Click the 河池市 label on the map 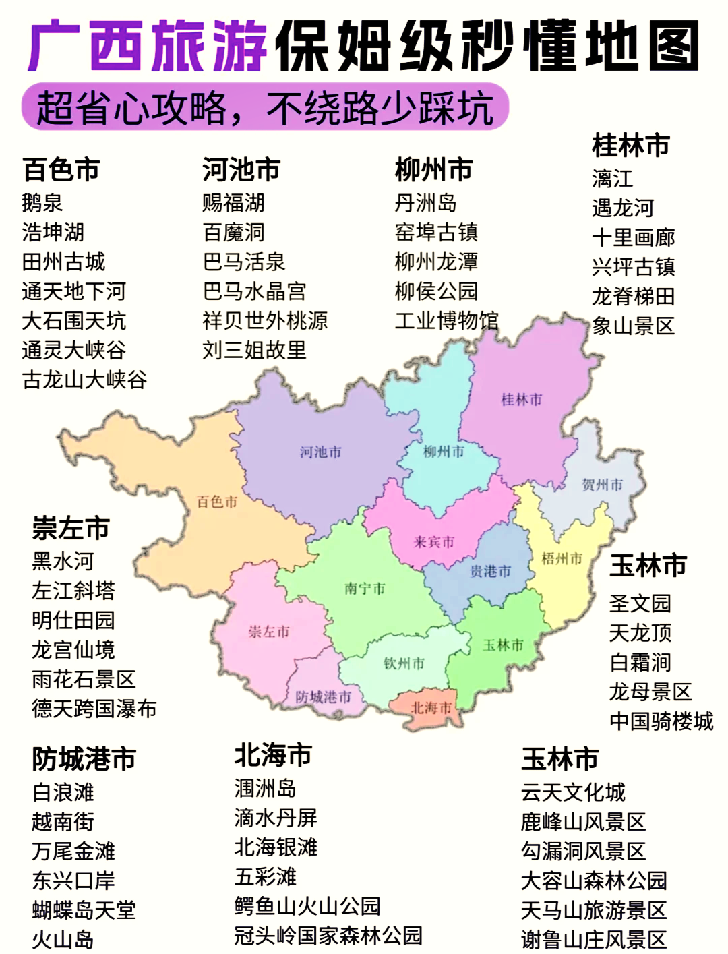point(321,452)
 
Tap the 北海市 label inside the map point(431,708)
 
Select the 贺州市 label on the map point(602,485)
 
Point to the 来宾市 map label point(433,542)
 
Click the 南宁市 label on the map point(365,589)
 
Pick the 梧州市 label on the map point(562,558)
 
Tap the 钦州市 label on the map point(404,663)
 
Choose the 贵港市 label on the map point(490,572)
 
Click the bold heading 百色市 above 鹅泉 point(61,169)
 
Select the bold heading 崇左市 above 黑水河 point(71,528)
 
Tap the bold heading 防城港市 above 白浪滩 point(84,759)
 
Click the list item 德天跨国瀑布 point(94,709)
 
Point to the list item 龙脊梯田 point(633,296)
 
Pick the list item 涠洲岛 point(265,788)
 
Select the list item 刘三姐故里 point(254,350)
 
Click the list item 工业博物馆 point(446,320)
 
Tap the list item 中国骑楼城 point(661,721)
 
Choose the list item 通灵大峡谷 point(73,350)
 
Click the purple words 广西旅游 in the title point(148,46)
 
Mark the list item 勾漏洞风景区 point(583,851)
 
